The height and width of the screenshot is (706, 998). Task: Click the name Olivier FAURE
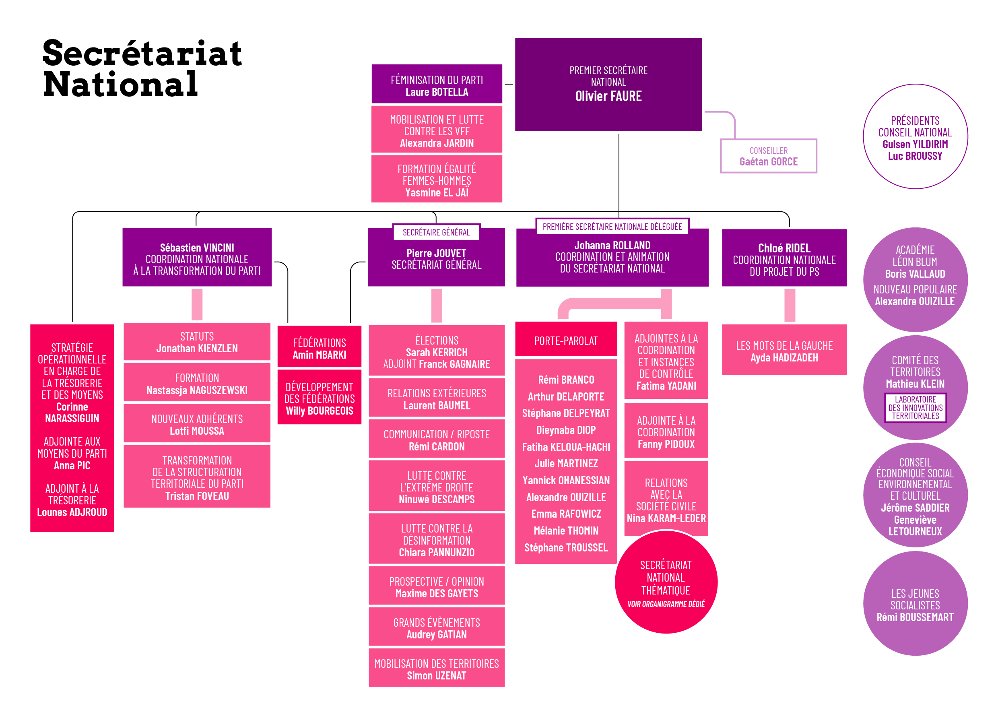(x=608, y=96)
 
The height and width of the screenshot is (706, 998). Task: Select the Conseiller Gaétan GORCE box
(x=768, y=156)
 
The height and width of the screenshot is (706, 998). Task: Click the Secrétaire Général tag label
(x=436, y=232)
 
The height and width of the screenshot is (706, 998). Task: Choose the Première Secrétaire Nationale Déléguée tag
(x=612, y=227)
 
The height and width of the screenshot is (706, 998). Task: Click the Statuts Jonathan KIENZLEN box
(x=197, y=342)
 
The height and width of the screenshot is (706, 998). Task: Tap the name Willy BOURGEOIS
(x=319, y=411)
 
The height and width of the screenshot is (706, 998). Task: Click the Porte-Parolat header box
(x=565, y=341)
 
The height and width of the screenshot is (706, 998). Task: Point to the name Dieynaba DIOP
(x=565, y=430)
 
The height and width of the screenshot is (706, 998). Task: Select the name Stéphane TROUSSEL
(x=565, y=547)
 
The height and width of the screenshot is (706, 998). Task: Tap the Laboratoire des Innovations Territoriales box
(x=915, y=407)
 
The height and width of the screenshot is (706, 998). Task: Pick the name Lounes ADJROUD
(x=72, y=512)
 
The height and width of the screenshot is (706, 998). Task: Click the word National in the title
(x=120, y=85)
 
